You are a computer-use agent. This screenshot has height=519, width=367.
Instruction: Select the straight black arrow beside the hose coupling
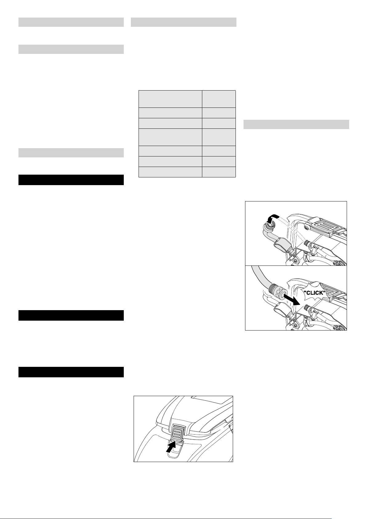point(292,299)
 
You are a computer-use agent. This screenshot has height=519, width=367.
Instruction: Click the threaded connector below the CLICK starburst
point(308,308)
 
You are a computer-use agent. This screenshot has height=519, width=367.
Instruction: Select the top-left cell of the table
point(170,99)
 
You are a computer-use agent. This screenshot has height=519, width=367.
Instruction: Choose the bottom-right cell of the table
point(219,172)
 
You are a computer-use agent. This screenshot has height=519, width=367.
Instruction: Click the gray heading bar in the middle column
point(183,22)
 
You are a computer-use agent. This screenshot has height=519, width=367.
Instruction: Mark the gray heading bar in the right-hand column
point(296,124)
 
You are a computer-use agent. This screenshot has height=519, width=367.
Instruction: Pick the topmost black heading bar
point(71,180)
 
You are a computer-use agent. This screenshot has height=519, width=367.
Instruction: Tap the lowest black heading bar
point(71,372)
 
